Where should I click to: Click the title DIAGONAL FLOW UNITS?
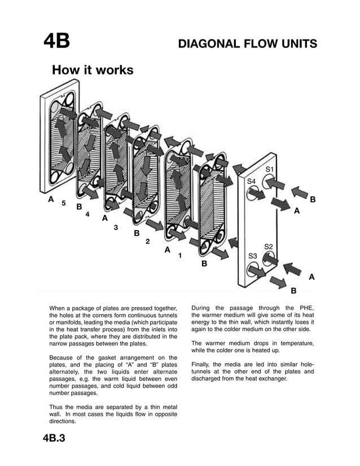point(247,43)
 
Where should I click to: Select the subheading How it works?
point(93,71)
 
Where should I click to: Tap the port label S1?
point(270,170)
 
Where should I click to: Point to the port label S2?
point(269,247)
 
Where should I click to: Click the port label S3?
point(253,256)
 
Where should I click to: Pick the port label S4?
point(252,181)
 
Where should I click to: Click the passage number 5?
point(64,203)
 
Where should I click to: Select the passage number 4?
point(87,214)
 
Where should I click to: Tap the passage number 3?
point(116,227)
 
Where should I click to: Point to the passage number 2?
point(148,241)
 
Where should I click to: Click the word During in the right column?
point(204,307)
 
